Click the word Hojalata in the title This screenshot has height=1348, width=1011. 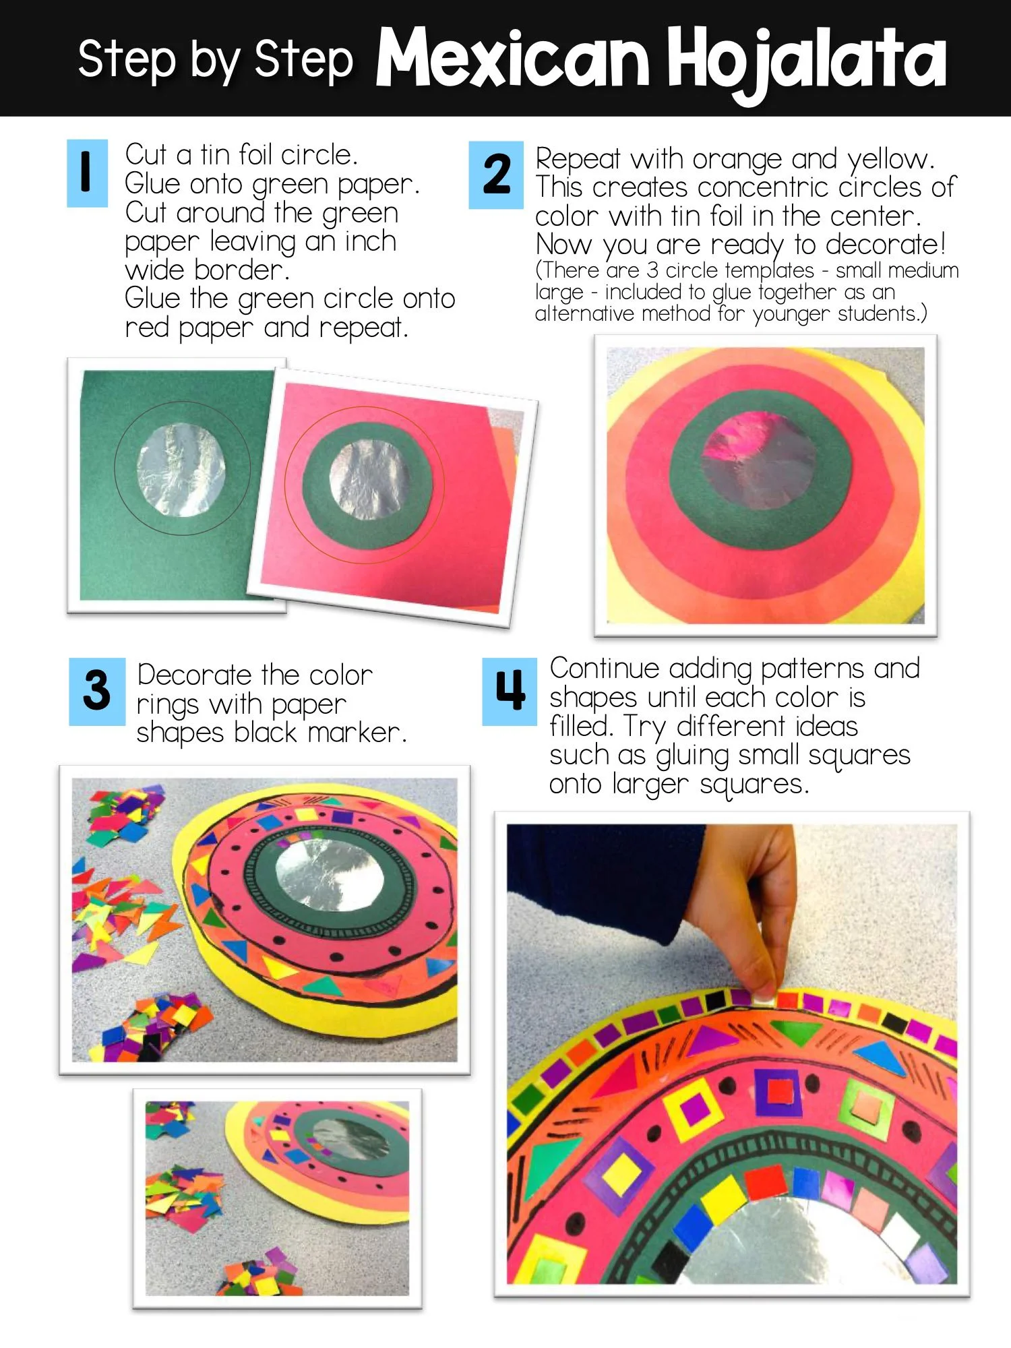(x=807, y=62)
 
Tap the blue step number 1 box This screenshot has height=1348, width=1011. (x=87, y=173)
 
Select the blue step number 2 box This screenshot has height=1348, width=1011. (x=496, y=175)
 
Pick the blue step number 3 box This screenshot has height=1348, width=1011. (x=97, y=692)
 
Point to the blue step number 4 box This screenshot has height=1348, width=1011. (x=510, y=692)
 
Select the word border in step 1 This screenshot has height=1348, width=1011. (x=241, y=270)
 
